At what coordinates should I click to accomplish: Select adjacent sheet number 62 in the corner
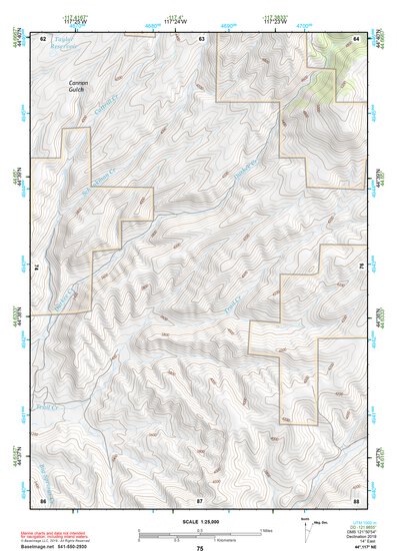[42, 38]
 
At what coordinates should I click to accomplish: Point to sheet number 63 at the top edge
[201, 38]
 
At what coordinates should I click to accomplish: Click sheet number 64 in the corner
[356, 38]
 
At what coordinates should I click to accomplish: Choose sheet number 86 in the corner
[42, 498]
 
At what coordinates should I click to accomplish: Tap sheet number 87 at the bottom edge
[200, 498]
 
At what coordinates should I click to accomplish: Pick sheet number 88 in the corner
[356, 498]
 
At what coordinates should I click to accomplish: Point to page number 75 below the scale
[200, 548]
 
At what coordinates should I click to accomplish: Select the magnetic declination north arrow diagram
[305, 530]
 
